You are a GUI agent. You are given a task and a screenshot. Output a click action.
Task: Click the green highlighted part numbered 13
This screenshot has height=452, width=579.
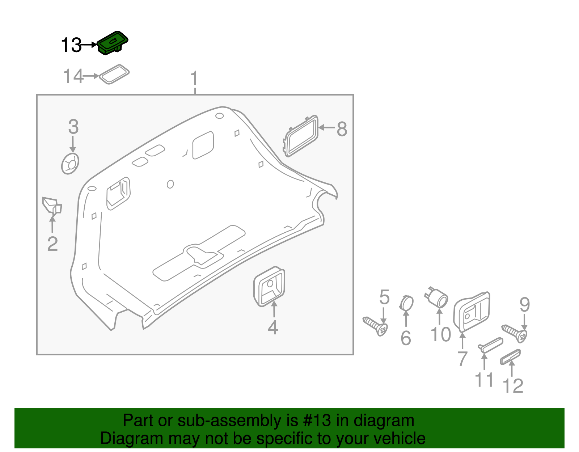pyautogui.click(x=112, y=43)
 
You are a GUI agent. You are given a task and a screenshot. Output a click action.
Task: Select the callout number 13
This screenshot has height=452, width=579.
pyautogui.click(x=71, y=46)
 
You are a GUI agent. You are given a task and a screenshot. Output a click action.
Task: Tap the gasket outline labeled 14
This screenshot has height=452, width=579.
pyautogui.click(x=114, y=75)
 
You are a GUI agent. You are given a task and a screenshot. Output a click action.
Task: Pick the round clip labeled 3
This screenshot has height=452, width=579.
pyautogui.click(x=70, y=164)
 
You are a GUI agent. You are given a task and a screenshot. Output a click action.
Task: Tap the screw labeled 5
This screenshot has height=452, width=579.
pyautogui.click(x=375, y=326)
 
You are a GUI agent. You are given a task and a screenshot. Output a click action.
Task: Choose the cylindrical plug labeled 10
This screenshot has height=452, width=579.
pyautogui.click(x=438, y=297)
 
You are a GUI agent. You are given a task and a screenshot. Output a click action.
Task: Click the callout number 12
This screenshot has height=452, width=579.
pyautogui.click(x=513, y=386)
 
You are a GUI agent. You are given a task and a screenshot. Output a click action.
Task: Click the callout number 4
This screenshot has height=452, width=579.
pyautogui.click(x=273, y=328)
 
